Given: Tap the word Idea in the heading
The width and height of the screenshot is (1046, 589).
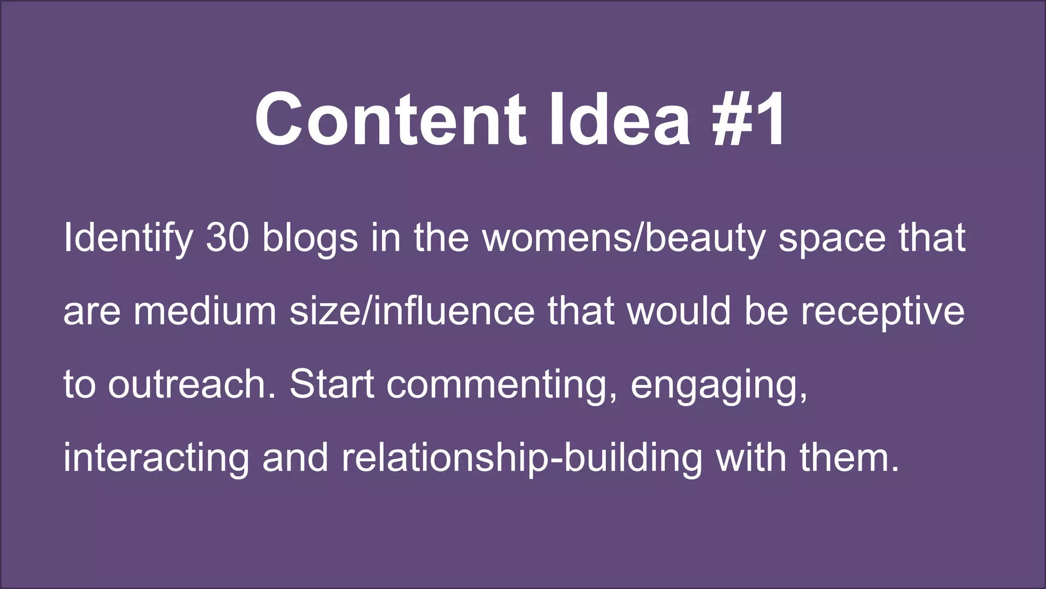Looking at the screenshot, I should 620,120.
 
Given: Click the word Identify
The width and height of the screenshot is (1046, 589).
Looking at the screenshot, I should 128,238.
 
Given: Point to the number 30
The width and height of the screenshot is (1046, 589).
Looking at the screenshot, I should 227,238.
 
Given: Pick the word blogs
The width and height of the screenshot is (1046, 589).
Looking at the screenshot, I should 310,238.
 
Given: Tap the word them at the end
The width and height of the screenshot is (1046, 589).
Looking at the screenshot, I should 849,458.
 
